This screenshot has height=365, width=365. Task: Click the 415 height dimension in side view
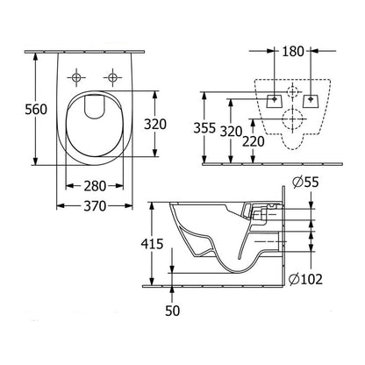(x=154, y=245)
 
